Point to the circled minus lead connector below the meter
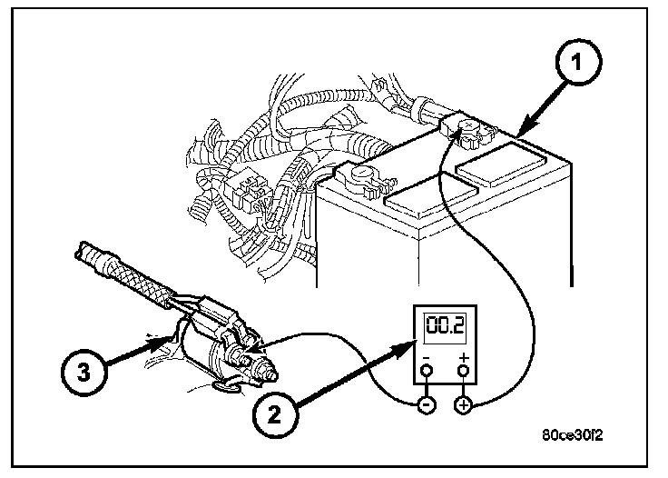coord(425,405)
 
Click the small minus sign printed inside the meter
coord(425,358)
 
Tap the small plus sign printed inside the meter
coord(465,358)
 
